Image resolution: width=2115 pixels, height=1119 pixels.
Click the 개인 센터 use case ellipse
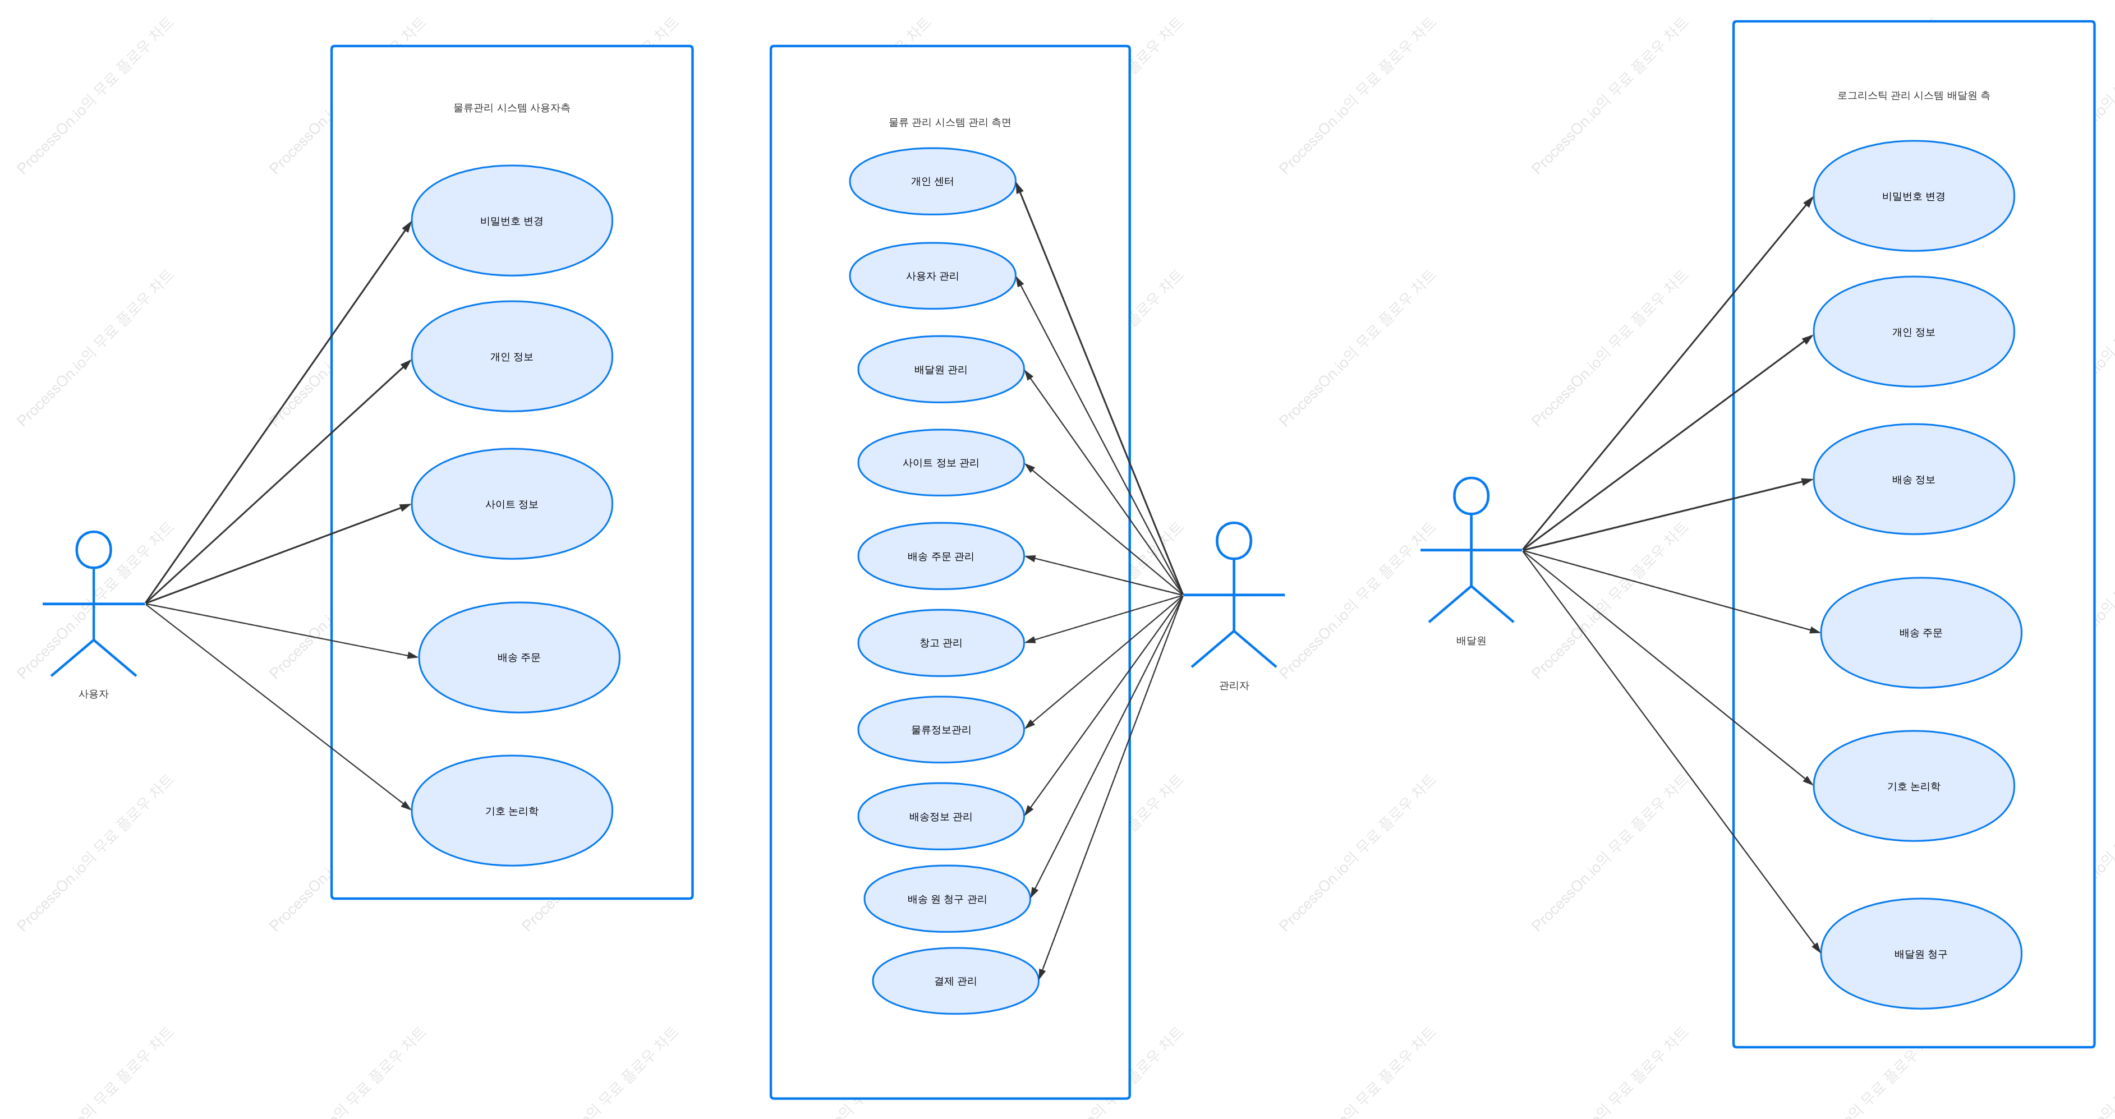(933, 181)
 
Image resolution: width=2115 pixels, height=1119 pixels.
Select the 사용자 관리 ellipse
(933, 276)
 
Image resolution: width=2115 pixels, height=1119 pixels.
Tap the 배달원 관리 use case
(941, 370)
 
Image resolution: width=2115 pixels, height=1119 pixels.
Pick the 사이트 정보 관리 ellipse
(941, 463)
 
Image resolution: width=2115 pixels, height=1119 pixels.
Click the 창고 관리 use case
(941, 643)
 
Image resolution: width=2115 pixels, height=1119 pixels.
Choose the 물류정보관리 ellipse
(941, 730)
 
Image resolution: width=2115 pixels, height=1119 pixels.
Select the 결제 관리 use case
(956, 981)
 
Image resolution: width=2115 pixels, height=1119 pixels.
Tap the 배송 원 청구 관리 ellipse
(948, 899)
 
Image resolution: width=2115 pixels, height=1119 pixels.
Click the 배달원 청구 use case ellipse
(1921, 954)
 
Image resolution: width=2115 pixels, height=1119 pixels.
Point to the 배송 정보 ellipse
(1914, 480)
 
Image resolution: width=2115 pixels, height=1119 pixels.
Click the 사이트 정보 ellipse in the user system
(512, 504)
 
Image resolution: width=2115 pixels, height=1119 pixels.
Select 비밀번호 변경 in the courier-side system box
(1914, 196)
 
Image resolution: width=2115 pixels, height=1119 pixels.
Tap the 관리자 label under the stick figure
(1234, 685)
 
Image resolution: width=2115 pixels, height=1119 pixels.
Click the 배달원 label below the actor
(1472, 641)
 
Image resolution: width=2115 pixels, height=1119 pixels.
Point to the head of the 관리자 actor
(1234, 541)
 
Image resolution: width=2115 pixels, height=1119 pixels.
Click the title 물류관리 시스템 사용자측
(512, 108)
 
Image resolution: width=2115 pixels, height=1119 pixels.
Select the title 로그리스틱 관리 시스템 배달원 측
(1914, 95)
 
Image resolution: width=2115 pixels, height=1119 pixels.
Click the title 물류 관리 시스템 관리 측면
(950, 122)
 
